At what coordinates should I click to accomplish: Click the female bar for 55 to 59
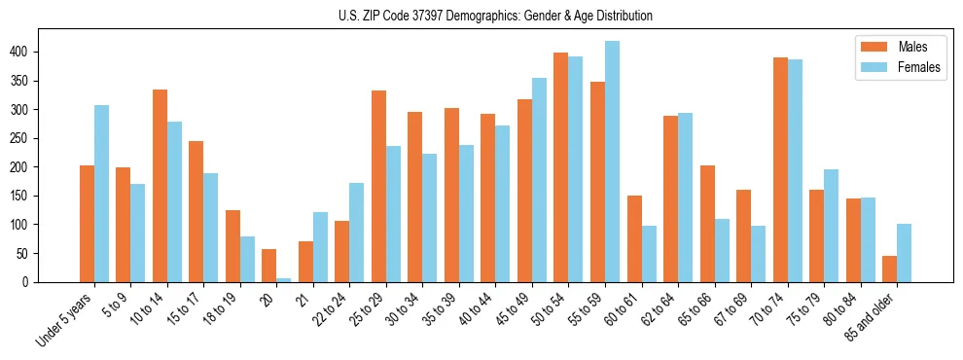tap(612, 162)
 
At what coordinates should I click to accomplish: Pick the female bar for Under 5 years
tap(101, 194)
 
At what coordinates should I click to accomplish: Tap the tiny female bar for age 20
tap(284, 279)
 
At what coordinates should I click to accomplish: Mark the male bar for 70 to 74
tap(780, 170)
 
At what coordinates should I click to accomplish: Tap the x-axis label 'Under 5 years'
tap(66, 320)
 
